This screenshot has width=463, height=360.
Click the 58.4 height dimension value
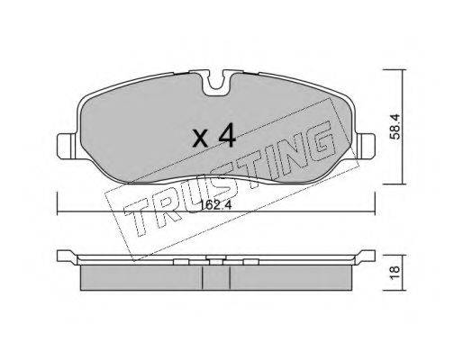(395, 126)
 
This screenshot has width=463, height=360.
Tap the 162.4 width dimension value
(215, 205)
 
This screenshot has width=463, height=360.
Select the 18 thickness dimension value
(395, 273)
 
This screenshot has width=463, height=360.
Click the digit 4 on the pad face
(227, 136)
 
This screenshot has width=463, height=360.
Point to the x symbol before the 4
(201, 139)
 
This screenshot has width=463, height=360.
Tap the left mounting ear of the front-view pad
(68, 147)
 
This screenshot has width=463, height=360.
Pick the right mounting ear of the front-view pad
(365, 146)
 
